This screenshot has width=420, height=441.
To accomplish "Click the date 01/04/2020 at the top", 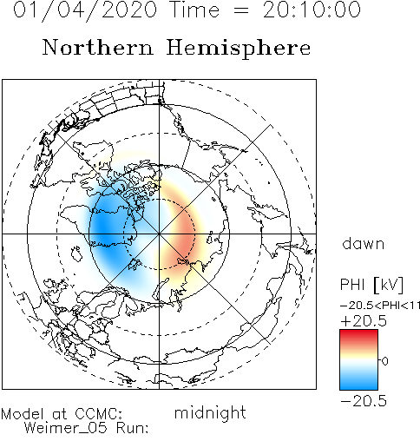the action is point(85,10).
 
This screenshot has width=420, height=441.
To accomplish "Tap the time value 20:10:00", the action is point(312,10).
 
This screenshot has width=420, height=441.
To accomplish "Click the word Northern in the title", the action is point(98,47).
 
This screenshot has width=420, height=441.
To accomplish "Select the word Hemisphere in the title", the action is point(239,49).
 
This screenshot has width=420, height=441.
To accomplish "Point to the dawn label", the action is point(364,243).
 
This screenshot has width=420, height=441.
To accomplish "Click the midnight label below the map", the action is point(210,412).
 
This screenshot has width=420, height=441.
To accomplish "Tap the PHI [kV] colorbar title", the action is point(371,285).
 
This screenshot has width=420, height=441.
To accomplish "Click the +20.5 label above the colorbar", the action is point(364,321).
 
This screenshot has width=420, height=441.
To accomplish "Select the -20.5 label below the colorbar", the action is point(364,401).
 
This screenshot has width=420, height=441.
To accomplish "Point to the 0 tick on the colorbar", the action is point(384,361).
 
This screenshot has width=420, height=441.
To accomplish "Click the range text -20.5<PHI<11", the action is point(380,306).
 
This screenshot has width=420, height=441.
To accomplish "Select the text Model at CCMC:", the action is point(62,414).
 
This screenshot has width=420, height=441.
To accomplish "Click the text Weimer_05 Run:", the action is point(86,428).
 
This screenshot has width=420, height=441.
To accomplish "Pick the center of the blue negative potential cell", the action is point(108,228).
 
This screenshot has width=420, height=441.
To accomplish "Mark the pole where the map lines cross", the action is point(159,234).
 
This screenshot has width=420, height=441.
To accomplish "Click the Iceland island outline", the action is point(76,253).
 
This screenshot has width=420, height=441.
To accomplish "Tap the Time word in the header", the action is point(194,10).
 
